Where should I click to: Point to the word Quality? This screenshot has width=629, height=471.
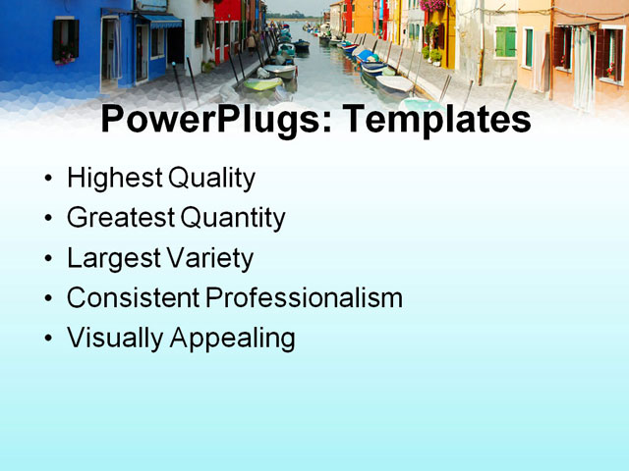[211, 179]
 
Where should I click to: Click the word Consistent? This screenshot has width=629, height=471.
[132, 298]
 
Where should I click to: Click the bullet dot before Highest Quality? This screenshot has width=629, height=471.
[50, 181]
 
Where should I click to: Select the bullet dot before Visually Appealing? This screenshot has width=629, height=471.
[50, 340]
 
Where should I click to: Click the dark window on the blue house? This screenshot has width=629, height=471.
[66, 39]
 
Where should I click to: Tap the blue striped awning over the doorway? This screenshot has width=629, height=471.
[159, 21]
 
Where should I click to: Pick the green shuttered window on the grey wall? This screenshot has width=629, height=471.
[505, 41]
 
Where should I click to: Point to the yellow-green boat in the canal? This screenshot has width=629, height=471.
[260, 84]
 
